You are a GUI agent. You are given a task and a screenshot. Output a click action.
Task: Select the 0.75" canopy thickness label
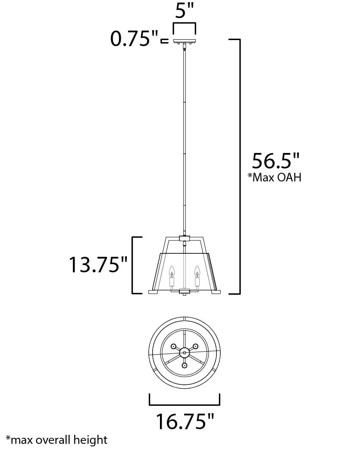tap(134, 39)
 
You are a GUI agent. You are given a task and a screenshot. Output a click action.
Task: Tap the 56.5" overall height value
tap(275, 161)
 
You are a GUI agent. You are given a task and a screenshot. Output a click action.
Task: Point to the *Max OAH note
tap(274, 177)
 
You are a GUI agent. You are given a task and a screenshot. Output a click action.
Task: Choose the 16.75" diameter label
tap(185, 421)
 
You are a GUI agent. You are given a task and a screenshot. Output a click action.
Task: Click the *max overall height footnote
tap(57, 440)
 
